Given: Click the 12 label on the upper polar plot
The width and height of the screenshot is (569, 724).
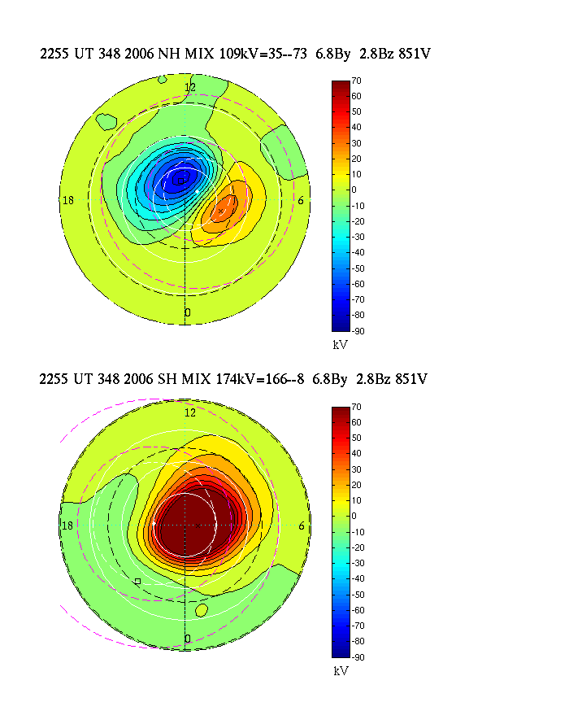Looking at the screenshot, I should click(x=190, y=87).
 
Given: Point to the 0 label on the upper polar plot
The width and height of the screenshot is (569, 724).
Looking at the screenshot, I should click(x=188, y=312).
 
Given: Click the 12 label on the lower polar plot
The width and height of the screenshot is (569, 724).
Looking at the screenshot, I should click(x=190, y=412).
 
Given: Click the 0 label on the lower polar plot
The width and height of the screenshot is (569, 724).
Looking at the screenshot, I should click(x=188, y=639).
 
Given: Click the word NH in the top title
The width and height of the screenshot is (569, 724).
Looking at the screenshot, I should click(x=147, y=55).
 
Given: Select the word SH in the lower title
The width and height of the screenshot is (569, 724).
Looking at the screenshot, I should click(x=146, y=379).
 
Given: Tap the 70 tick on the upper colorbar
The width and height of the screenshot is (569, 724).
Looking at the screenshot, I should click(x=356, y=81).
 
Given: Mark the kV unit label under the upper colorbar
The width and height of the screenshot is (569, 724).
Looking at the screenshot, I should click(x=341, y=345).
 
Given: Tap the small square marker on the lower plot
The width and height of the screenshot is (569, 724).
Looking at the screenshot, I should click(x=137, y=581).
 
